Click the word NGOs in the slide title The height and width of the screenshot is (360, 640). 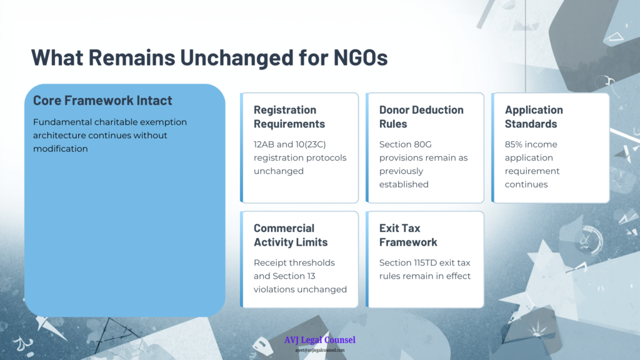click(x=361, y=57)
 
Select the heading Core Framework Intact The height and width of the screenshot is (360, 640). click(x=102, y=101)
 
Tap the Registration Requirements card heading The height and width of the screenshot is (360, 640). click(x=289, y=117)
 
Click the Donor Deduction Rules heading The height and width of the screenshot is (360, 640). click(x=421, y=117)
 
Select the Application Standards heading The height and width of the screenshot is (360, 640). click(x=534, y=117)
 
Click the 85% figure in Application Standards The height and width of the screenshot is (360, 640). click(x=514, y=144)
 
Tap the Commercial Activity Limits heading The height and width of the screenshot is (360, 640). click(x=291, y=235)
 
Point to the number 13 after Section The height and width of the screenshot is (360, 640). click(x=311, y=276)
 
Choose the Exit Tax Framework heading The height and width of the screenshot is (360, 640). click(x=408, y=235)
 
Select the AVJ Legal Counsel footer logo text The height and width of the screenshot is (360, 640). click(x=320, y=340)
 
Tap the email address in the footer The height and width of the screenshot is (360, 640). click(x=320, y=350)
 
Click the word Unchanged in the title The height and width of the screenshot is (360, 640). click(x=237, y=57)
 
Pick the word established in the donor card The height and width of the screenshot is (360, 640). click(x=404, y=184)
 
